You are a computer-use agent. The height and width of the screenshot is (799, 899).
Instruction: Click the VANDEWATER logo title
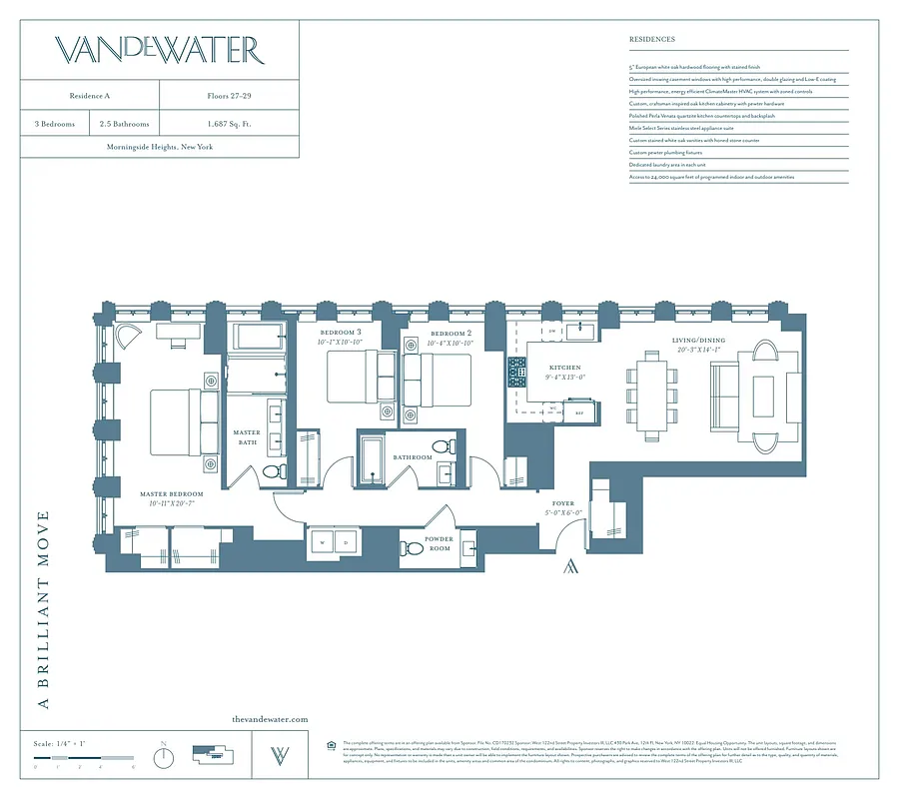159,50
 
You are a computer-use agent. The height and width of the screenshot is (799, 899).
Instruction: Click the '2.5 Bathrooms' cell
125,124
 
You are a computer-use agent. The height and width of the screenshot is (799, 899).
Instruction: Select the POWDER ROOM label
439,544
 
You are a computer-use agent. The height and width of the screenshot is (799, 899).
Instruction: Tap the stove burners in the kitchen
517,373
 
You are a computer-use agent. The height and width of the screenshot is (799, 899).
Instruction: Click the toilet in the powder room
413,547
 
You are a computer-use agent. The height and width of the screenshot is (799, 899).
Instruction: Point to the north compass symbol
164,757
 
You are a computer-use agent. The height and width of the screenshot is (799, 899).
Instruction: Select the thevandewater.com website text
270,719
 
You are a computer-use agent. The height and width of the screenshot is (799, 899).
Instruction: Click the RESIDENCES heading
652,40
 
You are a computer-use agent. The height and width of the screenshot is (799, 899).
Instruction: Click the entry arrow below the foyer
570,567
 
